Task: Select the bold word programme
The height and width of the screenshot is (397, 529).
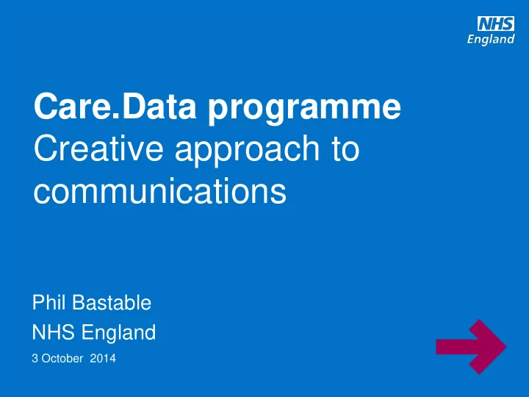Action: click(x=304, y=110)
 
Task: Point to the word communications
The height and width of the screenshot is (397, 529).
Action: click(x=160, y=190)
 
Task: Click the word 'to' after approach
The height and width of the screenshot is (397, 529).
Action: click(x=345, y=149)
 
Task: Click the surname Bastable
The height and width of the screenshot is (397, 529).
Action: click(x=112, y=302)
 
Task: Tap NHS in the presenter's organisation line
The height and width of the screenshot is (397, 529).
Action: click(x=54, y=332)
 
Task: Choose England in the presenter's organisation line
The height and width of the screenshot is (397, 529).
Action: click(x=119, y=332)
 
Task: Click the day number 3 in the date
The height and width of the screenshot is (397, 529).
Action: click(x=35, y=358)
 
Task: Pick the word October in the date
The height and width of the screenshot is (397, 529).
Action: click(x=62, y=358)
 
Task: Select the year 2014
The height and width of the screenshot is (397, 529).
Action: click(x=103, y=358)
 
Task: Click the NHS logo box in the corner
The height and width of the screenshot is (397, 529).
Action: click(x=496, y=24)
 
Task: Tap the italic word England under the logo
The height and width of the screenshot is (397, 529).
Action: click(x=491, y=40)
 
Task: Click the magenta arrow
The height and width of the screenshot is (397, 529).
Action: click(x=471, y=347)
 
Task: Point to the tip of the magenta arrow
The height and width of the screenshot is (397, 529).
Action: click(x=506, y=347)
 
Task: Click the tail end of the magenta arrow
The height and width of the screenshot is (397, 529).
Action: click(x=436, y=347)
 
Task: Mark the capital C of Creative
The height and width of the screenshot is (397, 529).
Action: click(x=46, y=148)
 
